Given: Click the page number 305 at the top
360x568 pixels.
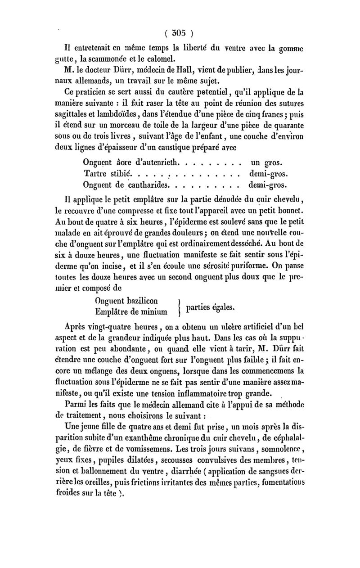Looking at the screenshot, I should point(179,32).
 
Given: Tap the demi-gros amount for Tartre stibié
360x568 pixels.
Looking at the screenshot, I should point(269,173).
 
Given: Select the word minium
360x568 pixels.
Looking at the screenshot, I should point(153,311).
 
